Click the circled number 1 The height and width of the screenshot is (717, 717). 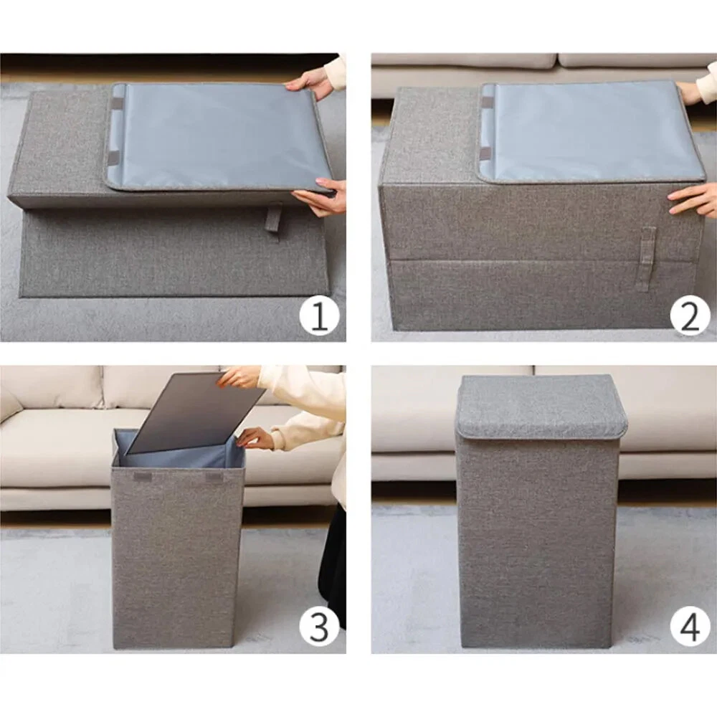pos(319,316)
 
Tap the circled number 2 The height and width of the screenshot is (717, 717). pos(690,316)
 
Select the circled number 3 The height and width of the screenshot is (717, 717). pos(319,627)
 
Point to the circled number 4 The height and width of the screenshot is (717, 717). pos(690,627)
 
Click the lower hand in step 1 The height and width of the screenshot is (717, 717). pos(320,198)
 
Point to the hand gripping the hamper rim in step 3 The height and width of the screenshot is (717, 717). pos(255,438)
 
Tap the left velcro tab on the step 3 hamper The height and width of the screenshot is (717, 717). pos(142,477)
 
